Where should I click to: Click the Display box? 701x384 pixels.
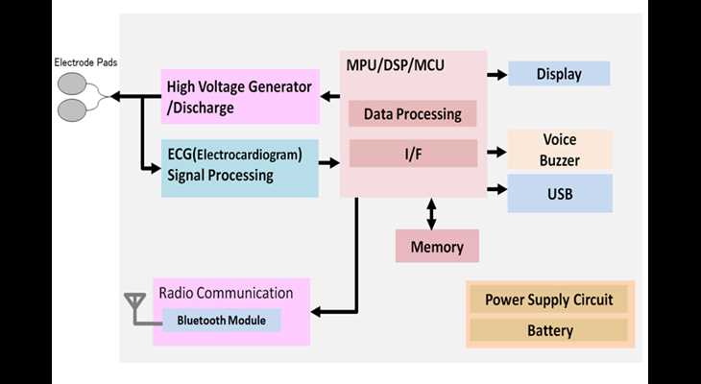pyautogui.click(x=559, y=74)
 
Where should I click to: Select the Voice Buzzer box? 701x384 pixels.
pyautogui.click(x=559, y=150)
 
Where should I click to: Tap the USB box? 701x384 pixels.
pyautogui.click(x=560, y=193)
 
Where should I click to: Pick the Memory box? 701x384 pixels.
pyautogui.click(x=437, y=246)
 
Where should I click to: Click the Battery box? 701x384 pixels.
pyautogui.click(x=549, y=330)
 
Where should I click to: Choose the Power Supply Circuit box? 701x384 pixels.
pyautogui.click(x=549, y=300)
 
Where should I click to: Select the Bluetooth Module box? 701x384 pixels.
pyautogui.click(x=221, y=320)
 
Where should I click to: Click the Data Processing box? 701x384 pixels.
pyautogui.click(x=412, y=113)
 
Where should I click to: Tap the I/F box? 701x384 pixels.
pyautogui.click(x=413, y=154)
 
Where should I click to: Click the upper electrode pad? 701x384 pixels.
pyautogui.click(x=71, y=84)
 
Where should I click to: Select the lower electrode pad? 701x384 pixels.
pyautogui.click(x=71, y=110)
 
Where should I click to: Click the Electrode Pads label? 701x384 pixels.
pyautogui.click(x=85, y=62)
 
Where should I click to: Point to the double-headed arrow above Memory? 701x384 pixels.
pyautogui.click(x=431, y=214)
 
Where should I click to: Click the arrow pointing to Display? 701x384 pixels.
pyautogui.click(x=496, y=75)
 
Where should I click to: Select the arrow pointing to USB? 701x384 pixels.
pyautogui.click(x=496, y=189)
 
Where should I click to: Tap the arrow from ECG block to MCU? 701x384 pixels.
pyautogui.click(x=329, y=162)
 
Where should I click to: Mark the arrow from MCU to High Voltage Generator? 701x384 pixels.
pyautogui.click(x=330, y=96)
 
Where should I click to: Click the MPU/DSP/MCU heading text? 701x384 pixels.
pyautogui.click(x=396, y=65)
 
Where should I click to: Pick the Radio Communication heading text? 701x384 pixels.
pyautogui.click(x=227, y=293)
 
